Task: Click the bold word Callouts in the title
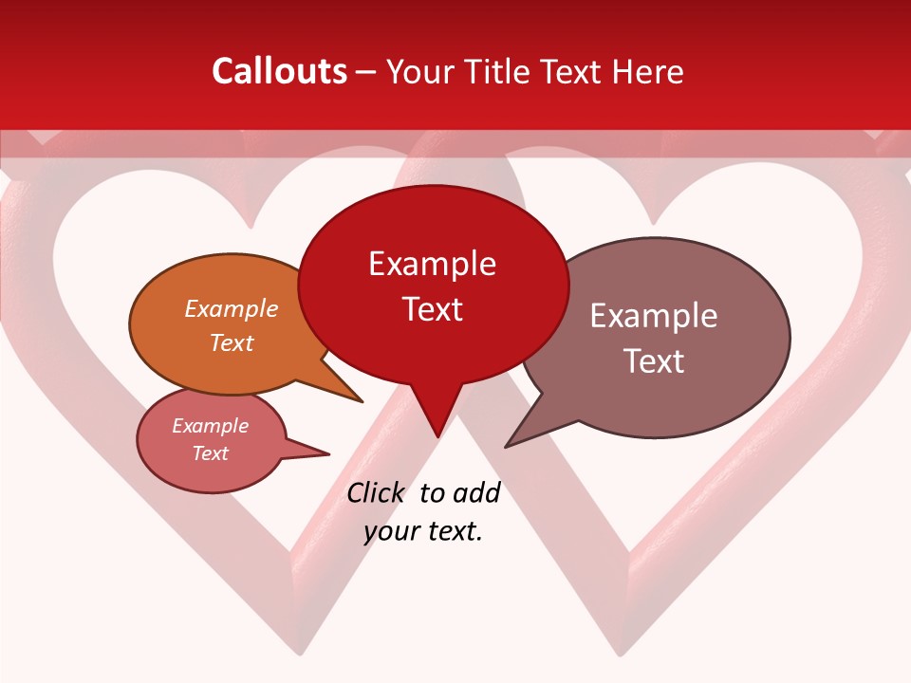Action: click(x=279, y=71)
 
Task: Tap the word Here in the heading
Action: click(x=648, y=71)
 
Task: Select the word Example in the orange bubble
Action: click(x=232, y=308)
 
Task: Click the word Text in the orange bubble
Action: click(x=232, y=342)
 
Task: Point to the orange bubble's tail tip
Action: click(x=361, y=401)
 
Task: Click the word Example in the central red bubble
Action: click(x=432, y=263)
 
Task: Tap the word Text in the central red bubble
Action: click(x=432, y=308)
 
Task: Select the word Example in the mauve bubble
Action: click(x=654, y=315)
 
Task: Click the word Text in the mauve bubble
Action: click(x=654, y=360)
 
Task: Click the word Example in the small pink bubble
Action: click(x=210, y=426)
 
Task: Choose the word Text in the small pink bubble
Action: click(x=210, y=453)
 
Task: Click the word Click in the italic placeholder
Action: click(x=376, y=492)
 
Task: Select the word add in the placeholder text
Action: click(x=476, y=492)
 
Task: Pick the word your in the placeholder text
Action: click(x=390, y=531)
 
